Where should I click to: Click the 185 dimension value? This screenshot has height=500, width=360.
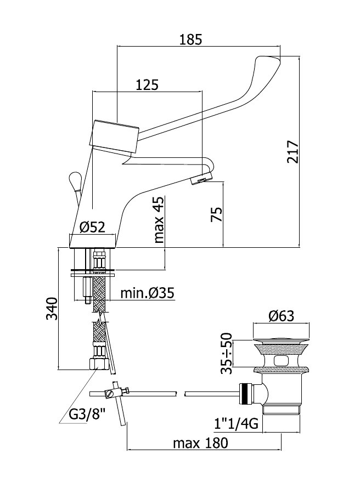[x=190, y=39]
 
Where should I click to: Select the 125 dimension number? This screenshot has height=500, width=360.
[x=147, y=85]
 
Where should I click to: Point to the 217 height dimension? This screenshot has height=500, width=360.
[x=292, y=151]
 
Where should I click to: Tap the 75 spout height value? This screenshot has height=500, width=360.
[x=216, y=214]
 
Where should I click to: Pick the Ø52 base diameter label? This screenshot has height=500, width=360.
[x=92, y=227]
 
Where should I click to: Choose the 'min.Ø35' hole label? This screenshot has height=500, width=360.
[x=148, y=293]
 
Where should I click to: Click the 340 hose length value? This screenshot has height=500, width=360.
[x=52, y=308]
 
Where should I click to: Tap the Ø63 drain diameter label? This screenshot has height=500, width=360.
[x=281, y=316]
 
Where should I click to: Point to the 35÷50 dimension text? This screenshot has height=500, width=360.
[x=226, y=353]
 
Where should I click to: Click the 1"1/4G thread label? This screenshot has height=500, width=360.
[x=236, y=424]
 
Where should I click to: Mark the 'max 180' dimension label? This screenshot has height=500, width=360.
[x=200, y=443]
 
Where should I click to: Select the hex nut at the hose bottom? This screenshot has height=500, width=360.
[x=98, y=363]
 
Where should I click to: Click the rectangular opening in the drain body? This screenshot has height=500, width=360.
[x=281, y=361]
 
